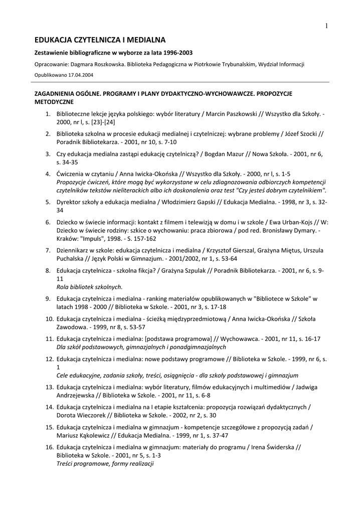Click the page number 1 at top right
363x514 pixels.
(326, 26)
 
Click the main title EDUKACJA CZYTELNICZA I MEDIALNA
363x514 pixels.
(100, 39)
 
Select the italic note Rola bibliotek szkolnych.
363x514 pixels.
(89, 287)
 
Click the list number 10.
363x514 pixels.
(49, 319)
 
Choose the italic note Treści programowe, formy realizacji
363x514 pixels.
(105, 463)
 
